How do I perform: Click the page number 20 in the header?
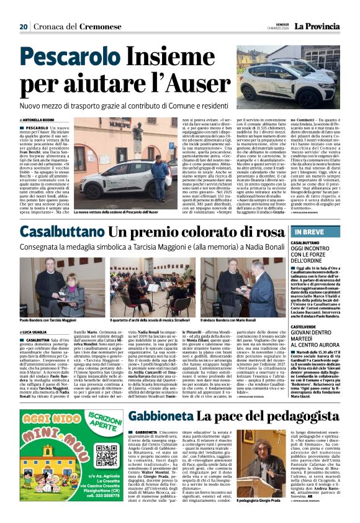24,26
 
